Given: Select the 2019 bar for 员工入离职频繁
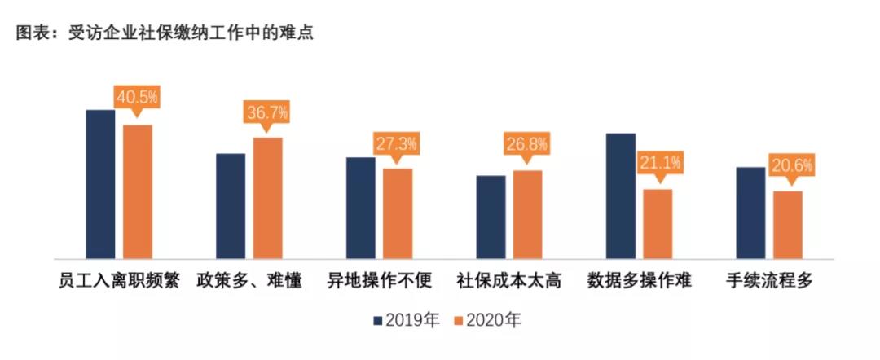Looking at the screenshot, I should tap(100, 184).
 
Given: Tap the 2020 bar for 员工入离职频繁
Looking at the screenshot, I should tap(138, 191).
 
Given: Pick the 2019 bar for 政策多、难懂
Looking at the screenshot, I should tap(231, 206).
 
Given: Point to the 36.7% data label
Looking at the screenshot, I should tap(267, 112).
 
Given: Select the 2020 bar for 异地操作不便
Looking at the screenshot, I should tap(398, 213).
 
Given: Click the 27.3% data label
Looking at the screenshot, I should tap(397, 144).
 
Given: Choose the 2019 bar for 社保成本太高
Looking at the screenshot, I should tap(491, 217).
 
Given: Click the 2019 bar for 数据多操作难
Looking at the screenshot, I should tap(621, 195).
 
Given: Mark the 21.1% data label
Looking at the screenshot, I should tap(658, 163).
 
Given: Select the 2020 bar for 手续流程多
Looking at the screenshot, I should tap(788, 225).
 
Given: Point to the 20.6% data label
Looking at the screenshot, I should tap(788, 165).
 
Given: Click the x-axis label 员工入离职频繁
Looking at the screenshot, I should tap(120, 282).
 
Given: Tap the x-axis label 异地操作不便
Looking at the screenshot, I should tap(379, 282).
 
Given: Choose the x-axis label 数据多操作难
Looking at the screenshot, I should tap(640, 282).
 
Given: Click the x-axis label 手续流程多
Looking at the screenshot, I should tap(769, 282).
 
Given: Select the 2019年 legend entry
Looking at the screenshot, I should tap(407, 320).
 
